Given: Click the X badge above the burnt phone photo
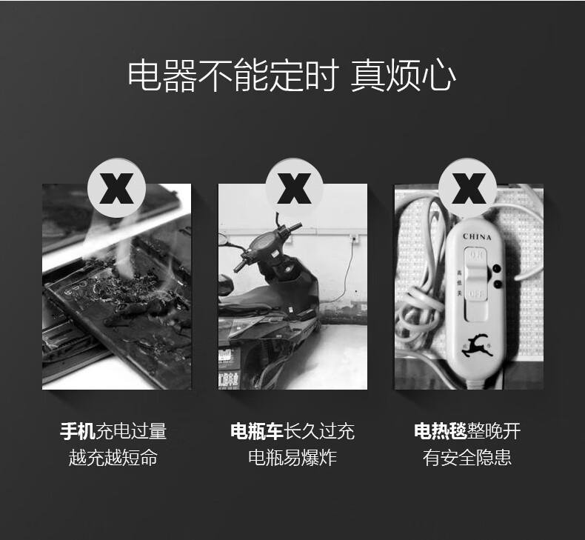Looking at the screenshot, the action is [x=117, y=187].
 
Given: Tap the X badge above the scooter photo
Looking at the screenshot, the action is [x=294, y=187].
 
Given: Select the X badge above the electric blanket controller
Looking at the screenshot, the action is [x=468, y=187].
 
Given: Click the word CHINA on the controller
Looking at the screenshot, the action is [x=477, y=236].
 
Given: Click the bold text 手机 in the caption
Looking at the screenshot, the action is [x=78, y=431].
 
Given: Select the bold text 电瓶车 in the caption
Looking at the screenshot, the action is [x=257, y=431].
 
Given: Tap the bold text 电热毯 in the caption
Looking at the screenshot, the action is [x=441, y=431].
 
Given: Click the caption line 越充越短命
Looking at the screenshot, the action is [x=113, y=458].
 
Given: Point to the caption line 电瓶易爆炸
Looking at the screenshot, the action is [x=292, y=458].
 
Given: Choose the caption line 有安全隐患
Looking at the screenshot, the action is [x=467, y=458].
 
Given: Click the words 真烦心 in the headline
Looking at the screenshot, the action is [x=403, y=76].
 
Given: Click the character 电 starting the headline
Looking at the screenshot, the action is [x=144, y=76].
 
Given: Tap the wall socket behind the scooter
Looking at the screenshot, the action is [x=353, y=238].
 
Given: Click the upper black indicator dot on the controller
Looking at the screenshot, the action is [x=497, y=268].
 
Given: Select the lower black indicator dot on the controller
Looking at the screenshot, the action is [x=497, y=284].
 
